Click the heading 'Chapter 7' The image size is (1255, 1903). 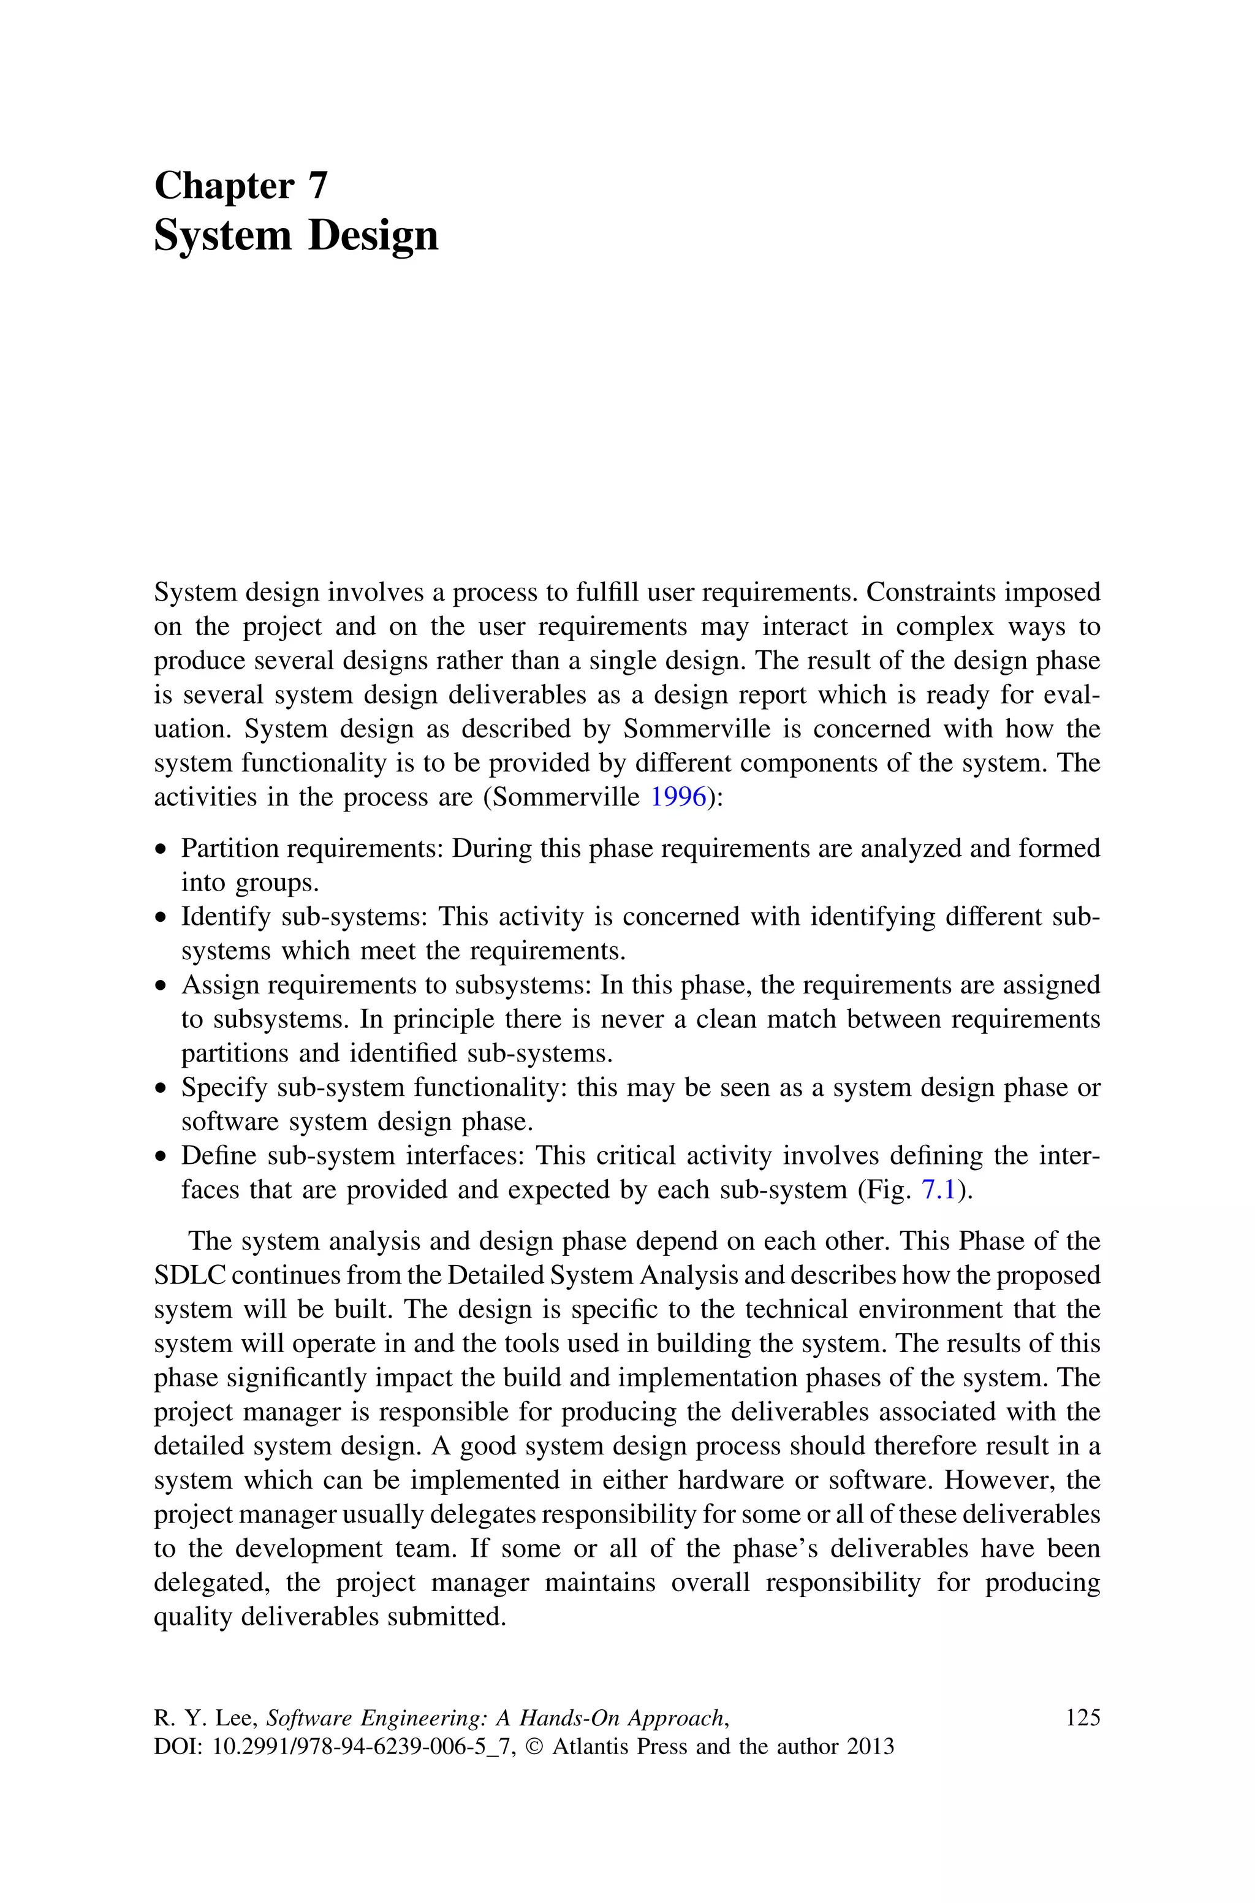(241, 186)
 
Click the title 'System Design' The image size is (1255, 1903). (295, 236)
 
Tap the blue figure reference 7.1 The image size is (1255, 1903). (939, 1190)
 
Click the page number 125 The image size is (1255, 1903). (1083, 1718)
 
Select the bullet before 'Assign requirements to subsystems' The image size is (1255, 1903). (162, 986)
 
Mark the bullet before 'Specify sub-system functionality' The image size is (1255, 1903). (162, 1088)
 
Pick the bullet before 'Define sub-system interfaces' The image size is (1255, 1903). (162, 1157)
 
